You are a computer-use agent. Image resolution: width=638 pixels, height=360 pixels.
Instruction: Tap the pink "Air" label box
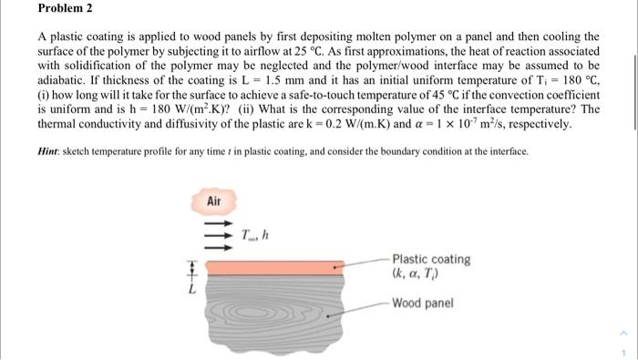(x=214, y=200)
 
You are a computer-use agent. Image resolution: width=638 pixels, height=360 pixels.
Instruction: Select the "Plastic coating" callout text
(x=431, y=259)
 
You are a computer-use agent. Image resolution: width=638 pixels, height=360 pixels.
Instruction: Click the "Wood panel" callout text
(x=422, y=303)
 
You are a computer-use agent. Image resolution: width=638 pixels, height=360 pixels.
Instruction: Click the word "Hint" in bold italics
(x=50, y=150)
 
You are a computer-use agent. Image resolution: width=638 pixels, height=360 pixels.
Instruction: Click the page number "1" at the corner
(x=625, y=350)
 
